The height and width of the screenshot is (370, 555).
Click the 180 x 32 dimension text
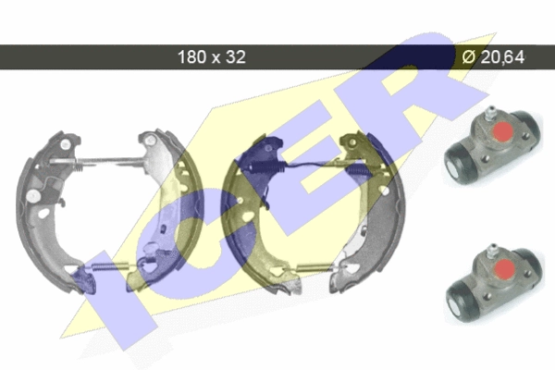pos(211,56)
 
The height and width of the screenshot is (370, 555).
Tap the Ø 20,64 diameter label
pos(493,56)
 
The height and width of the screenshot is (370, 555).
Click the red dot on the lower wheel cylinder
pos(504,268)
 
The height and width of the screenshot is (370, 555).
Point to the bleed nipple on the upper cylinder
pos(490,112)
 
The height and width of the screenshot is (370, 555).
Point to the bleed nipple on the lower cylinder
pos(491,250)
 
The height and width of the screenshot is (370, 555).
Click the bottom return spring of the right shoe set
pos(314,267)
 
